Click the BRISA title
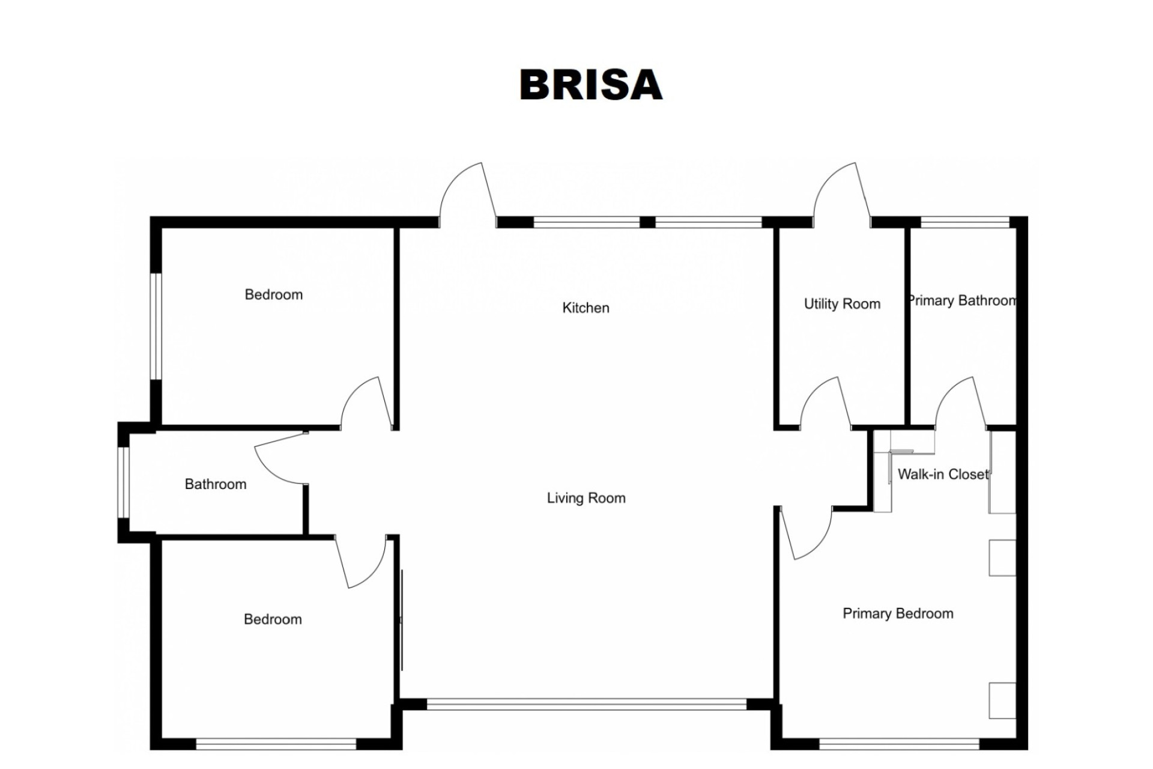(591, 85)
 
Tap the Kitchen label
(586, 308)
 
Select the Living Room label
(586, 498)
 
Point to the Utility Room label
(842, 304)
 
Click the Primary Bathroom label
(962, 300)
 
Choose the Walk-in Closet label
(943, 474)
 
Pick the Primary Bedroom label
(898, 613)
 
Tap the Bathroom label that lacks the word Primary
(216, 484)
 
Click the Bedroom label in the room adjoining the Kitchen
(274, 294)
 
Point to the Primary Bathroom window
(965, 222)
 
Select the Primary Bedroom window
(900, 744)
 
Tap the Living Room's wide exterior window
(587, 704)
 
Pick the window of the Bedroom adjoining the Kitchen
(156, 326)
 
